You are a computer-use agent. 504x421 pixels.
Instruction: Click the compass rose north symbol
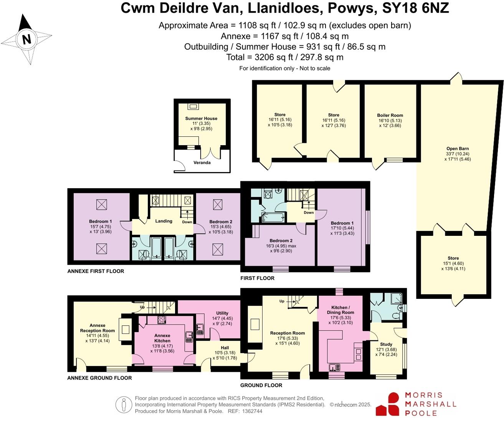pyautogui.click(x=26, y=39)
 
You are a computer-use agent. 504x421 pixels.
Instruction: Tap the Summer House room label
pyautogui.click(x=201, y=118)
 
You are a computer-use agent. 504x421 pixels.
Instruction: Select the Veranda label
pyautogui.click(x=202, y=162)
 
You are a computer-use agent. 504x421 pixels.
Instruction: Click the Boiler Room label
pyautogui.click(x=390, y=115)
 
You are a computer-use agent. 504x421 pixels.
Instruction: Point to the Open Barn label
pyautogui.click(x=458, y=149)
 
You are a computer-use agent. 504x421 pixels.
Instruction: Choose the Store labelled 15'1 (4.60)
pyautogui.click(x=453, y=258)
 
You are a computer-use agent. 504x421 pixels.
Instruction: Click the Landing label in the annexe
pyautogui.click(x=164, y=221)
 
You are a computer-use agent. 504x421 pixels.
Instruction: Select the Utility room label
pyautogui.click(x=222, y=313)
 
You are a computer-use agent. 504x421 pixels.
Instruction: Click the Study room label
pyautogui.click(x=386, y=344)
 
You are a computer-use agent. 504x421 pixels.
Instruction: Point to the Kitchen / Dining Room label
pyautogui.click(x=340, y=310)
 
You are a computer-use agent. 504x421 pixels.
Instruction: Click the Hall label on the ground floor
pyautogui.click(x=225, y=348)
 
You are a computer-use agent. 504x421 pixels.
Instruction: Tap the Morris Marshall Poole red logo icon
pyautogui.click(x=388, y=404)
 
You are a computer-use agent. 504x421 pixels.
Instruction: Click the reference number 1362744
pyautogui.click(x=251, y=411)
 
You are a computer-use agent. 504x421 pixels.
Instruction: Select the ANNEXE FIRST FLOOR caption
pyautogui.click(x=96, y=271)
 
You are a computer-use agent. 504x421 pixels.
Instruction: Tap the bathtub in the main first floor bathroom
pyautogui.click(x=273, y=218)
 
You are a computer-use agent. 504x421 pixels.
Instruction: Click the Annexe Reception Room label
pyautogui.click(x=97, y=328)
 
